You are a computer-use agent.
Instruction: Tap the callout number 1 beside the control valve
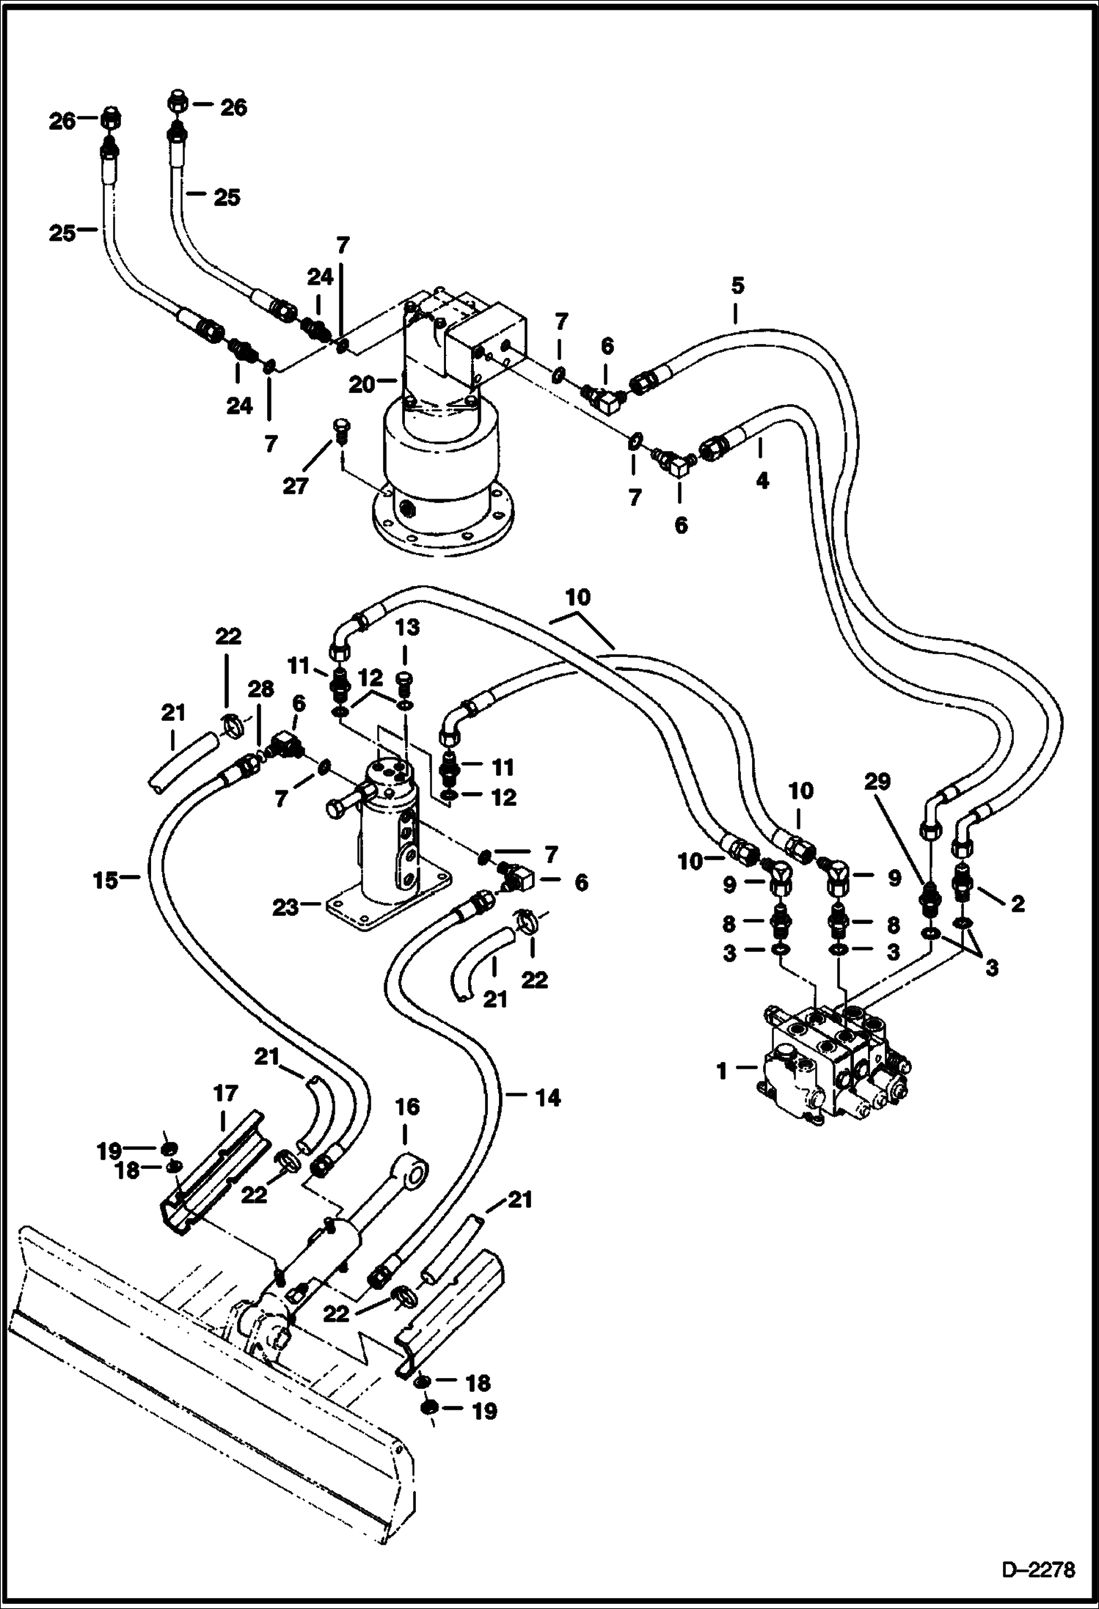coord(722,1071)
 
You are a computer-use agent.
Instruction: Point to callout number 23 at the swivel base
coord(286,907)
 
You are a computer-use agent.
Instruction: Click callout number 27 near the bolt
coord(296,485)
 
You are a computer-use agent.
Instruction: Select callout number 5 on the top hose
coord(737,287)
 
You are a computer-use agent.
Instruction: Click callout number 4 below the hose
coord(762,481)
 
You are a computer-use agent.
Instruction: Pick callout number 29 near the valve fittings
coord(877,782)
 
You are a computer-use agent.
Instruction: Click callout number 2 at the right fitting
coord(1018,904)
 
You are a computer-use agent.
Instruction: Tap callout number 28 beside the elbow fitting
coord(260,689)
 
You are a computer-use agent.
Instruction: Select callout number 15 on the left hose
coord(106,880)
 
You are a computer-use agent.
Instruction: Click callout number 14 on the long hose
coord(548,1098)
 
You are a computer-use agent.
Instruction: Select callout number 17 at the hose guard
coord(225,1094)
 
